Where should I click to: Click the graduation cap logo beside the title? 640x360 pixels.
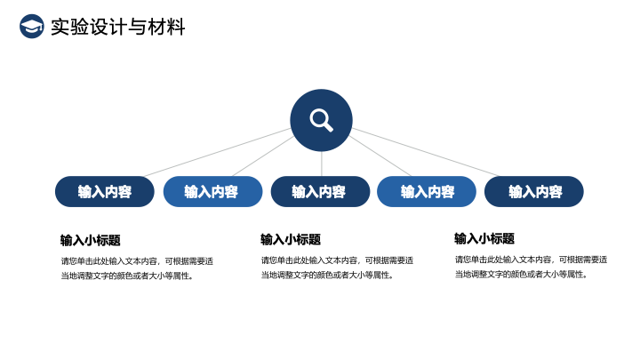click(32, 27)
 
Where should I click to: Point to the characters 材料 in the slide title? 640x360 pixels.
click(166, 27)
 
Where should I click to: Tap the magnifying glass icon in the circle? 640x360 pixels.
click(321, 120)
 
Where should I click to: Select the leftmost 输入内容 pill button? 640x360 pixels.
click(105, 191)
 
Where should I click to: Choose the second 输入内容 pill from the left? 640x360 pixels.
click(212, 191)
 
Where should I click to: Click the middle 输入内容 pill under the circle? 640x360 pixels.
click(320, 191)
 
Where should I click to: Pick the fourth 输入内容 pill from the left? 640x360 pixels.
click(427, 191)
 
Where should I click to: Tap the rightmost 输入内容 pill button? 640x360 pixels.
click(534, 191)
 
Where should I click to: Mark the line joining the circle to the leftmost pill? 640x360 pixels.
click(218, 153)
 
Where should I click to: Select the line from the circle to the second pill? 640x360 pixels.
click(263, 156)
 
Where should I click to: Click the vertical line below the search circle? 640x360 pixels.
click(321, 164)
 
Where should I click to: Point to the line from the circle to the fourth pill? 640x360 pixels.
click(380, 156)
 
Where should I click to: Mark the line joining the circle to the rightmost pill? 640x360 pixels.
click(425, 153)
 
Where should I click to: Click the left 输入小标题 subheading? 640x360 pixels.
click(90, 240)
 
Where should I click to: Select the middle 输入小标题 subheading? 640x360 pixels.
click(291, 239)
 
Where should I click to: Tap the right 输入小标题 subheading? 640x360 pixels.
click(484, 238)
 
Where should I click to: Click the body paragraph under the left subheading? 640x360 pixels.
click(137, 268)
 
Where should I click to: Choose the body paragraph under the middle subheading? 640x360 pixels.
click(337, 268)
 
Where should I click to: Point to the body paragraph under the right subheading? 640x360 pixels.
click(531, 267)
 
